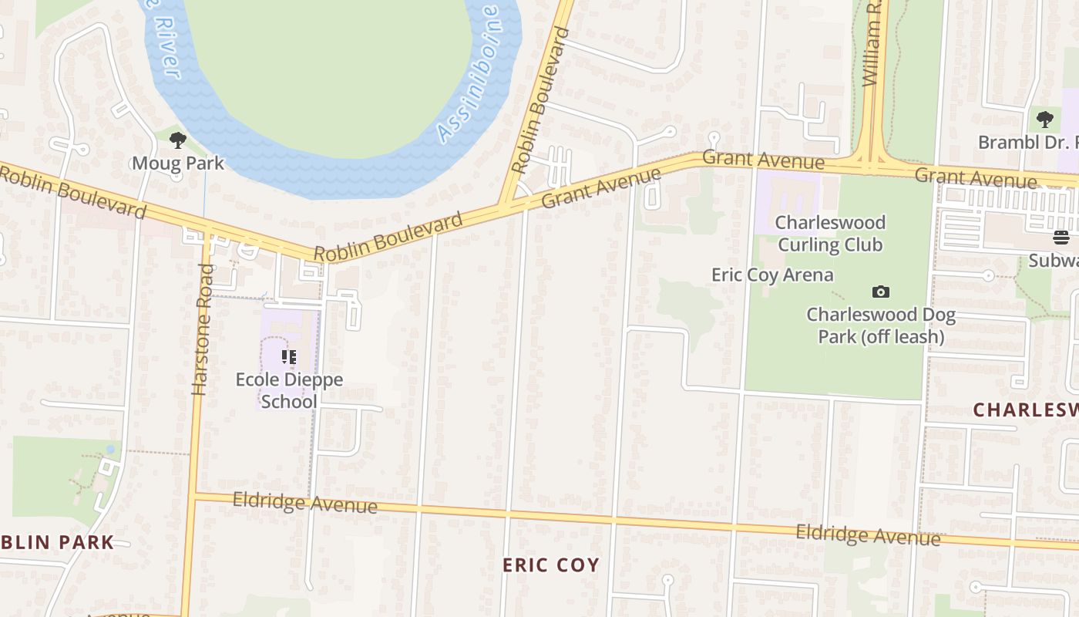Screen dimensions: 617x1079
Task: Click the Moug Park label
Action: tap(177, 163)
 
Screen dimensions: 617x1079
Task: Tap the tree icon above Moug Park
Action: tap(178, 140)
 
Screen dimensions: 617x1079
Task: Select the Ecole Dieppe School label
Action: tap(289, 390)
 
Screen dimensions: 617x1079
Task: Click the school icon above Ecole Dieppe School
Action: tap(289, 356)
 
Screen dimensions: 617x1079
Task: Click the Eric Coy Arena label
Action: tap(771, 275)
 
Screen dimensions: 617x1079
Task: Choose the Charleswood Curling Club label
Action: tap(829, 234)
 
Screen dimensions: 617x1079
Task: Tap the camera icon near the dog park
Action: tap(880, 292)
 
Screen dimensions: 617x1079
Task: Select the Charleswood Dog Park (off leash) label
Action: tap(881, 325)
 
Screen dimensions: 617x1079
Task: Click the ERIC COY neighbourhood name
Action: tap(550, 565)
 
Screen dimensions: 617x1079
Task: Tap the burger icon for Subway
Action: tap(1061, 237)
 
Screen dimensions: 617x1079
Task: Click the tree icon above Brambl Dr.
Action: tap(1044, 120)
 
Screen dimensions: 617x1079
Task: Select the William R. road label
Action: tap(872, 45)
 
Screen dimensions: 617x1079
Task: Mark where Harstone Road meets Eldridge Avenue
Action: tap(194, 495)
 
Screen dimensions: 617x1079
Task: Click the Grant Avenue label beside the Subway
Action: tap(975, 178)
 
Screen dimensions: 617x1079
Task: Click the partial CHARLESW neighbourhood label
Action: tap(1025, 410)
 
